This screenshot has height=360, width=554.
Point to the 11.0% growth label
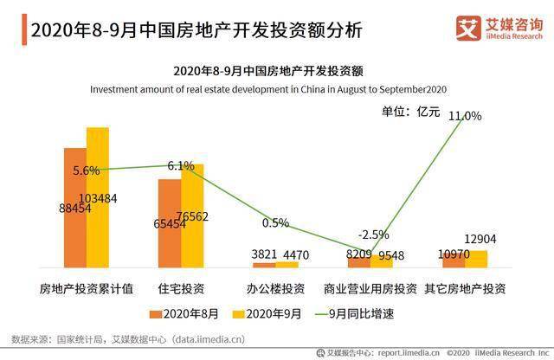pyautogui.click(x=466, y=115)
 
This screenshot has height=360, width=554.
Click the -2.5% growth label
pyautogui.click(x=374, y=235)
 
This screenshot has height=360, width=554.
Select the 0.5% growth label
pyautogui.click(x=275, y=222)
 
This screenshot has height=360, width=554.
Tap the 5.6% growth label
pyautogui.click(x=87, y=170)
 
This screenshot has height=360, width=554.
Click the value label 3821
pyautogui.click(x=263, y=254)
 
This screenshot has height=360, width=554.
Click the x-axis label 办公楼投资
pyautogui.click(x=275, y=287)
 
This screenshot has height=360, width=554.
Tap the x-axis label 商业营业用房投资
pyautogui.click(x=370, y=287)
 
